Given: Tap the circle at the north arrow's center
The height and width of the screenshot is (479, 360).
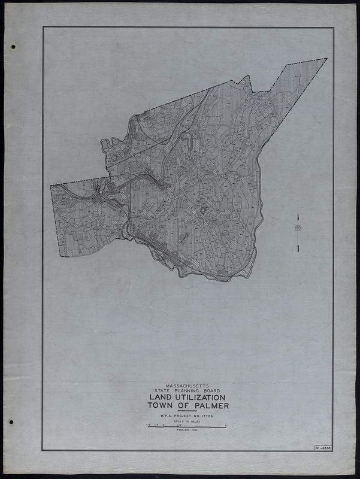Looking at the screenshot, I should click(x=297, y=228).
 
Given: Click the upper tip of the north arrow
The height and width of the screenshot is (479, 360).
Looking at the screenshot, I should click(x=297, y=211).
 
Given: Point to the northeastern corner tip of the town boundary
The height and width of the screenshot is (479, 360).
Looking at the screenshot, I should click(x=327, y=59).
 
